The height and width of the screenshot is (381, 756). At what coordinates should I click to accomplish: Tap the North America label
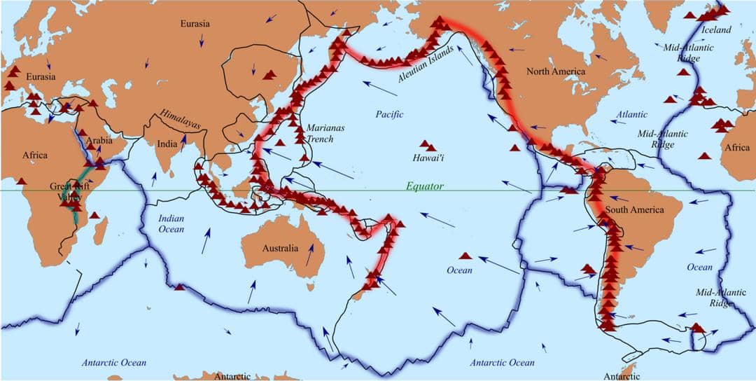(556, 71)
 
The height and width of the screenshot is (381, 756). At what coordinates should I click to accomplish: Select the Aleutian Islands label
(426, 65)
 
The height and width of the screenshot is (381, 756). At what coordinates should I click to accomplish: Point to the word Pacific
(390, 114)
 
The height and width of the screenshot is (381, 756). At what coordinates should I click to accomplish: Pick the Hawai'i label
(429, 159)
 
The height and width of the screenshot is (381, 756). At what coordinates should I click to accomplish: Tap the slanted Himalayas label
(180, 120)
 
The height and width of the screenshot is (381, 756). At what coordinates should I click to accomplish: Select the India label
(167, 144)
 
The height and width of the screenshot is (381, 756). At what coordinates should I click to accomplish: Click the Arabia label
(99, 141)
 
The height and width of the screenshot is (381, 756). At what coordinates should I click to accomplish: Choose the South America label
(634, 210)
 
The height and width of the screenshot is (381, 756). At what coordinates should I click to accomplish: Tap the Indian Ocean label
(171, 224)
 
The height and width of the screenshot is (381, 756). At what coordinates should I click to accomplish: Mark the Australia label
(280, 248)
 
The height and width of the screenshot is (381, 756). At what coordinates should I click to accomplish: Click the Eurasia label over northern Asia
(195, 23)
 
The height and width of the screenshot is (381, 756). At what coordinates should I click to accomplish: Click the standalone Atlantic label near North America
(632, 114)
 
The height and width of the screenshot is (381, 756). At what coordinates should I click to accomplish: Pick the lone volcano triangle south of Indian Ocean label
(180, 286)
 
